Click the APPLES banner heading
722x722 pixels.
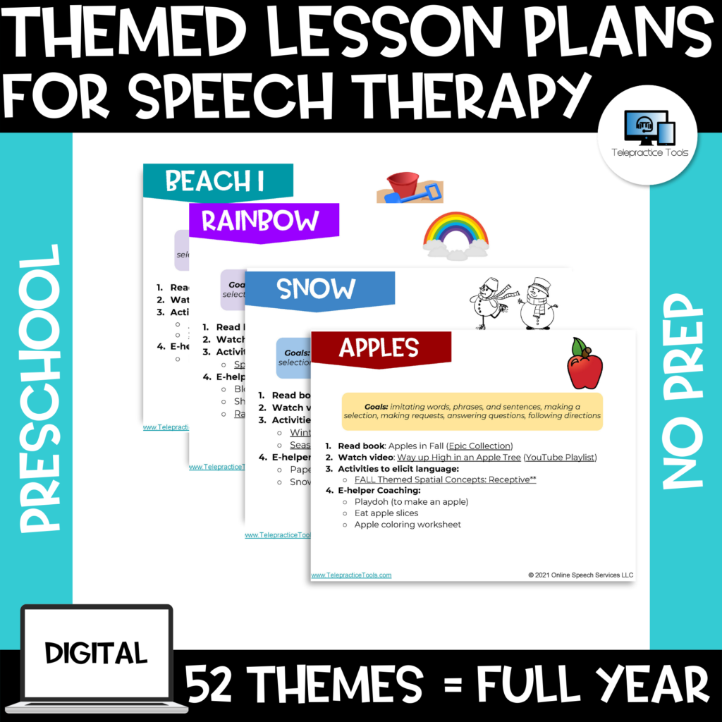pos(379,348)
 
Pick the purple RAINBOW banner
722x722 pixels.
pos(260,221)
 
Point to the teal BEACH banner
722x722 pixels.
pos(214,181)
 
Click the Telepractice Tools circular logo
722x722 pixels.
pos(647,135)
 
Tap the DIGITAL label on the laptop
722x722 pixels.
pos(97,652)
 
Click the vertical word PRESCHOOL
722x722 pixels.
pos(39,388)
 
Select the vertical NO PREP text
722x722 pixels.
pos(684,391)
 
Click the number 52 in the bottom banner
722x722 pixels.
pos(214,685)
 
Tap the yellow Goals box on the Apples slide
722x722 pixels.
pos(472,411)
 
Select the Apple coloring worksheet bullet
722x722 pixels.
pos(408,525)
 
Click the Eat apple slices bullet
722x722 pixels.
pos(386,513)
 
